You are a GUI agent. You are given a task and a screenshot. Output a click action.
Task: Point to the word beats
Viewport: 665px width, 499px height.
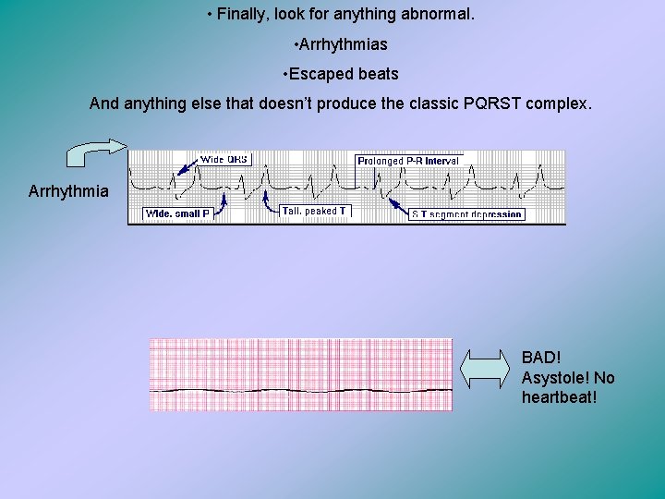tap(379, 74)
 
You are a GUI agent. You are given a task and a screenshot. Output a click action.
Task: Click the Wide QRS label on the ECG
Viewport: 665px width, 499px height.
tap(225, 159)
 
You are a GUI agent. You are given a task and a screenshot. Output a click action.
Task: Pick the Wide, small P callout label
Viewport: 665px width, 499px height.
tap(178, 214)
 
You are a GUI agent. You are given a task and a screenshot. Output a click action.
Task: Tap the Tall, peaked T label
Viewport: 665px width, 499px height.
tap(315, 211)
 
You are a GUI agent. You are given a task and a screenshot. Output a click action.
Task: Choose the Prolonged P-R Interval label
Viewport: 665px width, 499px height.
tap(408, 161)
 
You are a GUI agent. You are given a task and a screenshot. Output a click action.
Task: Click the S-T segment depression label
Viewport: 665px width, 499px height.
tap(466, 214)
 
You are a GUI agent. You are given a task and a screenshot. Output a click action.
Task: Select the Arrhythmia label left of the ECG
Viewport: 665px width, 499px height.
tap(68, 191)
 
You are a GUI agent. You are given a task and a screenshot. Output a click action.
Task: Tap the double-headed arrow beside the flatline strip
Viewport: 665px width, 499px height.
tap(486, 368)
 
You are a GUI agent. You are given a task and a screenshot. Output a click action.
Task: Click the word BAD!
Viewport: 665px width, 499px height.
tap(541, 358)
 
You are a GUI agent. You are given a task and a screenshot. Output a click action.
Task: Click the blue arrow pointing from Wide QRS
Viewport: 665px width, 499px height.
tap(186, 167)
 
